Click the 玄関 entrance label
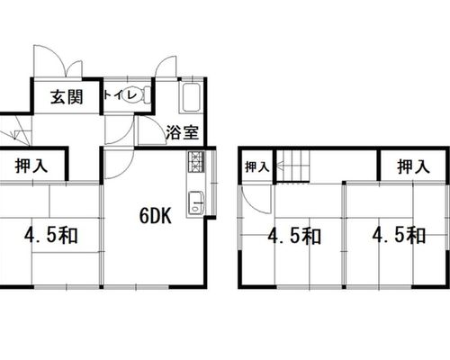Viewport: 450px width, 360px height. coord(67,97)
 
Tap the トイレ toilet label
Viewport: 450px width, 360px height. coord(120,95)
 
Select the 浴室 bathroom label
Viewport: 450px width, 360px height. coord(183,132)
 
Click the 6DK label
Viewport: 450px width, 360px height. coord(156,216)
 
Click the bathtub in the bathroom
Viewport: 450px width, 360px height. coord(191,96)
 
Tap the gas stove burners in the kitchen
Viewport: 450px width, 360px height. coord(196,162)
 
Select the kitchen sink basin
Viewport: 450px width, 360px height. coord(196,203)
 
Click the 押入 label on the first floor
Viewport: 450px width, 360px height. coord(31,166)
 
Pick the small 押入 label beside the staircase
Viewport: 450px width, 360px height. coord(256,166)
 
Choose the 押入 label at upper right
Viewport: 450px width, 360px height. coord(413,166)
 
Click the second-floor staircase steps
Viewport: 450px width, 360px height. coord(292,166)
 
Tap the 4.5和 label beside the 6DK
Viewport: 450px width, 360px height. coord(51,235)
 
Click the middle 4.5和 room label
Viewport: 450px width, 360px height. coord(294,236)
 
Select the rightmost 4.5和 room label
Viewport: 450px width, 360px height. coord(399,235)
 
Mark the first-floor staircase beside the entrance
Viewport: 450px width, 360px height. coord(15,130)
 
